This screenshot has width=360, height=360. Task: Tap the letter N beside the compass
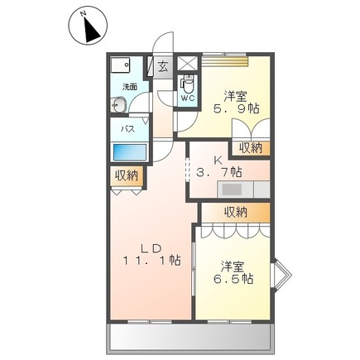(x=84, y=13)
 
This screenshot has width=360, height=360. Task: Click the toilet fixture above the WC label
(x=187, y=83)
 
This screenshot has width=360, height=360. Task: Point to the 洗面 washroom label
(x=130, y=86)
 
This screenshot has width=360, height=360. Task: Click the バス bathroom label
(x=128, y=130)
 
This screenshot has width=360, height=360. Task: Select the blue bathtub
(x=129, y=152)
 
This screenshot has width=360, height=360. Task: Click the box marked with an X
(x=188, y=63)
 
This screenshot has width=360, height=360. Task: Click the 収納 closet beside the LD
(x=127, y=175)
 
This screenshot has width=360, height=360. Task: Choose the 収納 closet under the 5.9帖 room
(x=251, y=147)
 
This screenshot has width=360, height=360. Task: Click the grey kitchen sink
(x=233, y=189)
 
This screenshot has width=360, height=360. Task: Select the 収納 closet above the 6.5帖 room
(x=235, y=211)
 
